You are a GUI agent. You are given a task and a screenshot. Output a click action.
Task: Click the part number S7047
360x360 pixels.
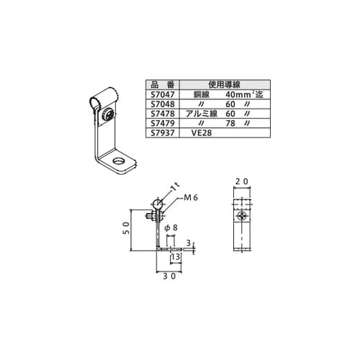[163, 94]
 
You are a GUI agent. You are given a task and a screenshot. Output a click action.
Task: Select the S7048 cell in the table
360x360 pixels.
[163, 104]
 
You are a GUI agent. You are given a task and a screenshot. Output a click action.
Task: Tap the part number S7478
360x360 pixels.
[163, 114]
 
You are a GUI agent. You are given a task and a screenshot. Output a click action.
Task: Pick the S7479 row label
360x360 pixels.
[163, 123]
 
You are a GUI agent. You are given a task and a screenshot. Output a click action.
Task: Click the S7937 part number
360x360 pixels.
[163, 132]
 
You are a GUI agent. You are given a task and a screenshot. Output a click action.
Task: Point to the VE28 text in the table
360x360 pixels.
[202, 132]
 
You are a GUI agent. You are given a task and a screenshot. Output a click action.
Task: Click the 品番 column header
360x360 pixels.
[163, 85]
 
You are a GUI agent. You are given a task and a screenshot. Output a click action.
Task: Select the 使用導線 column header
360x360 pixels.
[225, 84]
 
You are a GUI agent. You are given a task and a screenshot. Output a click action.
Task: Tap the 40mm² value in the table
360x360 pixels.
[239, 94]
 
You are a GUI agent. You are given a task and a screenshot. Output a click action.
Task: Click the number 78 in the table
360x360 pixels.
[230, 123]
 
